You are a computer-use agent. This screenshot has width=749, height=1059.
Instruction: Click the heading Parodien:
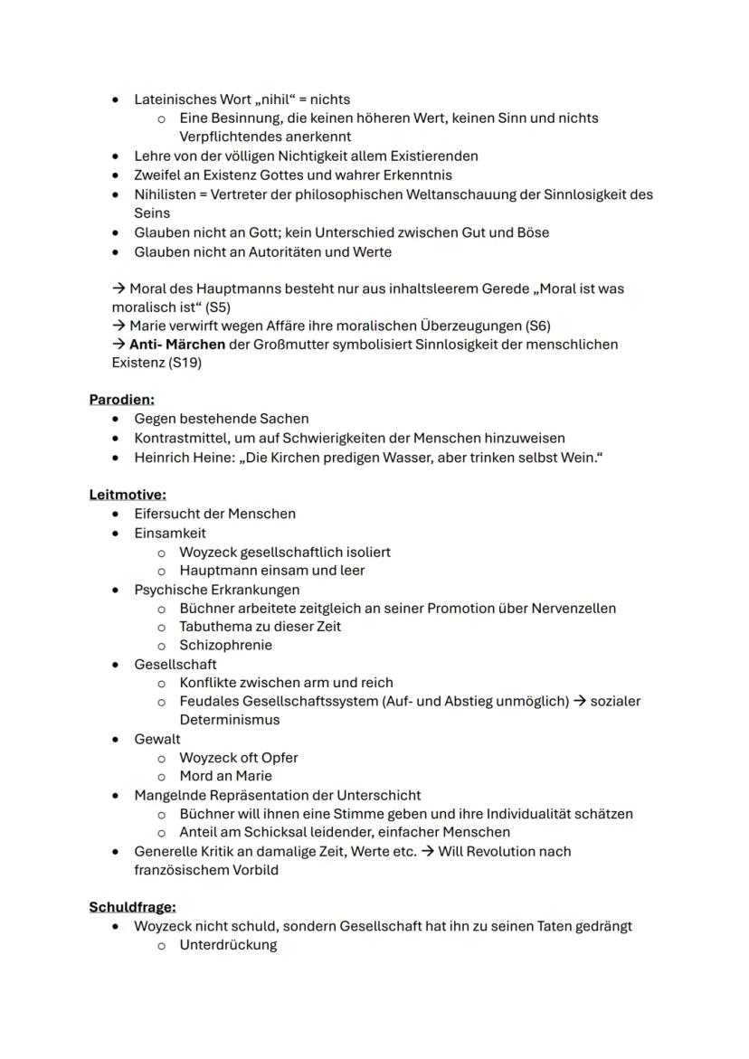121,399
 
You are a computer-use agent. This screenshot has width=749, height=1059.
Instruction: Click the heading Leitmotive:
128,495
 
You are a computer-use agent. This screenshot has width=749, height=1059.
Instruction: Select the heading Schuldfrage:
132,906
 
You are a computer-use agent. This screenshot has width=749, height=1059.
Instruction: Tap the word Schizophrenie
225,645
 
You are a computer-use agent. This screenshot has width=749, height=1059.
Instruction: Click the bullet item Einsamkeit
170,533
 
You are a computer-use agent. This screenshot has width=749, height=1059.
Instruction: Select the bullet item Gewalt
157,739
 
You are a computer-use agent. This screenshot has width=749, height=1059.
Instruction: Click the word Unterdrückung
228,945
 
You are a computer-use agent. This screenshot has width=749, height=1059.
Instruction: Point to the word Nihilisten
168,194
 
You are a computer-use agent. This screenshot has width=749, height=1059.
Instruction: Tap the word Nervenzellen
572,608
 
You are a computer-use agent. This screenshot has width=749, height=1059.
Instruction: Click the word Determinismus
229,720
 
